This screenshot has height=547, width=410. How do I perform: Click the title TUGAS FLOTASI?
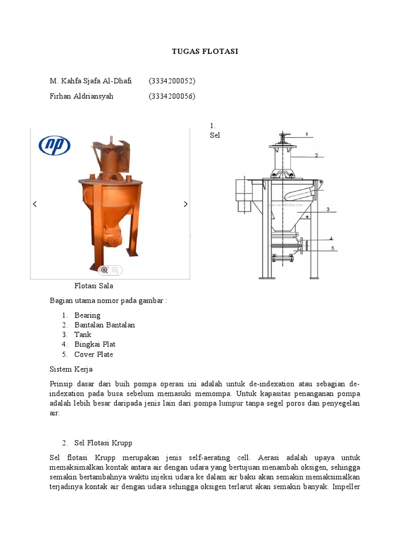[x=204, y=51]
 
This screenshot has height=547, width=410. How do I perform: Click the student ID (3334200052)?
[x=172, y=81]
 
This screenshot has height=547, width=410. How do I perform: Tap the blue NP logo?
[x=54, y=145]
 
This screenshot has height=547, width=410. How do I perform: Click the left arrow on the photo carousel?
[x=35, y=204]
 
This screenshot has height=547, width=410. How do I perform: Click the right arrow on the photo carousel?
[x=185, y=204]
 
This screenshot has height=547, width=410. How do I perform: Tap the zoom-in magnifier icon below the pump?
[x=105, y=270]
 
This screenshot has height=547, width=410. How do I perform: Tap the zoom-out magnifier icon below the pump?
[x=115, y=270]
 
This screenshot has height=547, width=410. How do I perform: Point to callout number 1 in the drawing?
[x=306, y=134]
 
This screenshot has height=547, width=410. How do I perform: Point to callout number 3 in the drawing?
[x=328, y=209]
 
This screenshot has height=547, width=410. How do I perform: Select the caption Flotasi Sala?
[x=93, y=286]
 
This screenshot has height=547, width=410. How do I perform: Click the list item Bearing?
[x=87, y=315]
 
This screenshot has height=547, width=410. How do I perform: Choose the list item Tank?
[x=83, y=334]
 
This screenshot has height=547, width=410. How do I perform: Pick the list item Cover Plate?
[x=93, y=354]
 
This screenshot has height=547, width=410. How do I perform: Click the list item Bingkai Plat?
[x=94, y=345]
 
